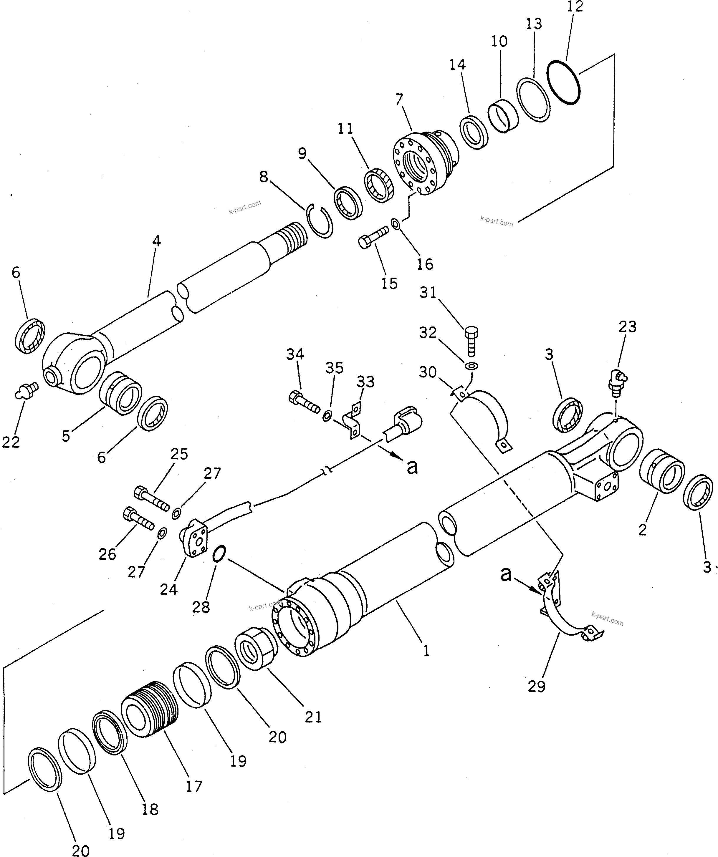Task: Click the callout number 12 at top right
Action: tap(575, 7)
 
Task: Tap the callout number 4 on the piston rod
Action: tap(156, 241)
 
